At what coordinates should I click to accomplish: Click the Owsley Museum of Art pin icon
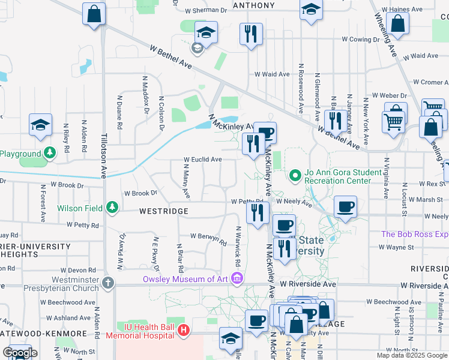point(237,279)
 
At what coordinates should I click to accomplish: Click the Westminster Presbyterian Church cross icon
point(107,282)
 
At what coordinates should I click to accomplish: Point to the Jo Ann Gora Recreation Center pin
point(295,176)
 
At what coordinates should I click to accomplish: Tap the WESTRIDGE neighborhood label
point(164,211)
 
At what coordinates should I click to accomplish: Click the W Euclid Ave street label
point(203,160)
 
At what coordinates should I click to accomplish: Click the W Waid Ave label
point(273,74)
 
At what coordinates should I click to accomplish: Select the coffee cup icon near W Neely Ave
point(345,206)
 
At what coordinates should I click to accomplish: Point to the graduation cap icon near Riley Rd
point(40,124)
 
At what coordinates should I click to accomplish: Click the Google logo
point(19,353)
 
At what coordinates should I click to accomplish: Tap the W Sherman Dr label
point(206,11)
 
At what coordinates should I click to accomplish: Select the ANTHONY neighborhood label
point(253,5)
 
